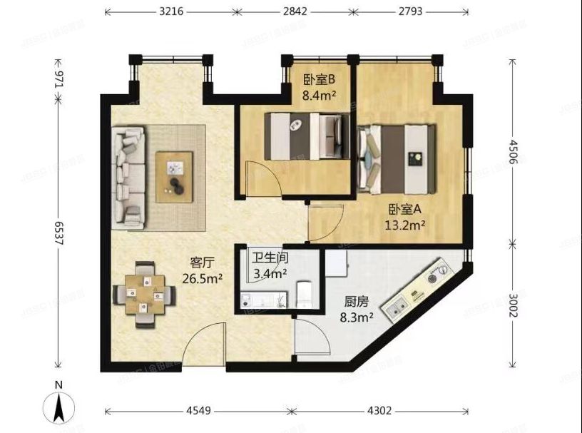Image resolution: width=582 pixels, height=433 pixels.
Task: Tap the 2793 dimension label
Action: pyautogui.click(x=409, y=11)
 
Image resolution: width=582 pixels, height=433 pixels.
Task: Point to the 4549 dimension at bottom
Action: pyautogui.click(x=198, y=412)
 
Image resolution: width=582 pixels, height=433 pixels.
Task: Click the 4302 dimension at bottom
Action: pyautogui.click(x=379, y=412)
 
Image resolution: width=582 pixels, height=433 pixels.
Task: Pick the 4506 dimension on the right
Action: pyautogui.click(x=514, y=152)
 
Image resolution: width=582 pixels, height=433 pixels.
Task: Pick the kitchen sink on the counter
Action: pyautogui.click(x=397, y=307)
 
